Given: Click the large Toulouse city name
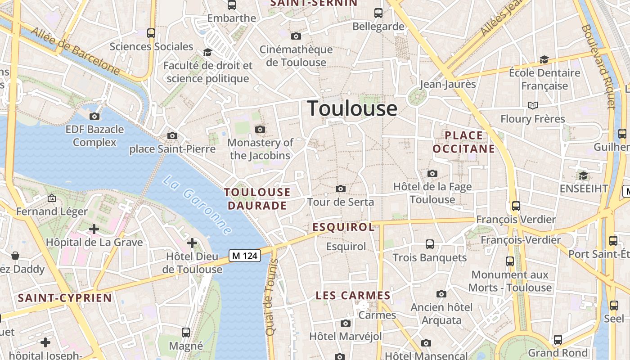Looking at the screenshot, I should [352, 108].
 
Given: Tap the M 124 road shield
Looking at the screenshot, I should [245, 256].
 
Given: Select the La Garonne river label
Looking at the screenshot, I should [197, 205].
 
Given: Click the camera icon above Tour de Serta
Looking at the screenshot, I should [341, 189].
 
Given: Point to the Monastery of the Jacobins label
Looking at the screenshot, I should [260, 149].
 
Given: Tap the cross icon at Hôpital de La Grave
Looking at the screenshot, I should [94, 229].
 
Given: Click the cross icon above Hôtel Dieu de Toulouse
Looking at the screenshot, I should [192, 243].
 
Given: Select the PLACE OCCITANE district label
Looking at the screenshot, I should [463, 142].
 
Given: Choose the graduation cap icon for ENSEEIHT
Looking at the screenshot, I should [583, 175].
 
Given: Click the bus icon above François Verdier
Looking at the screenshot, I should [516, 206].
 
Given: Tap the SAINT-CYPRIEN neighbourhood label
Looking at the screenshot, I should [65, 298].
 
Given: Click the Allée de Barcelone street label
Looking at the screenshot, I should [75, 52].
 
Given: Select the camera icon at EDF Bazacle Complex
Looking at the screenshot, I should [94, 116].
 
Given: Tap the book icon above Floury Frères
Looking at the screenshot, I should [533, 105].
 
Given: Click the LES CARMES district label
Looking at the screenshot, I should [353, 296].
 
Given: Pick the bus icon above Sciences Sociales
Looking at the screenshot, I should [151, 33].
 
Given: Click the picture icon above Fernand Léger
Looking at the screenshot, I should [52, 198].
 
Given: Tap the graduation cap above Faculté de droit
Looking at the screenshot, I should [207, 52].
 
